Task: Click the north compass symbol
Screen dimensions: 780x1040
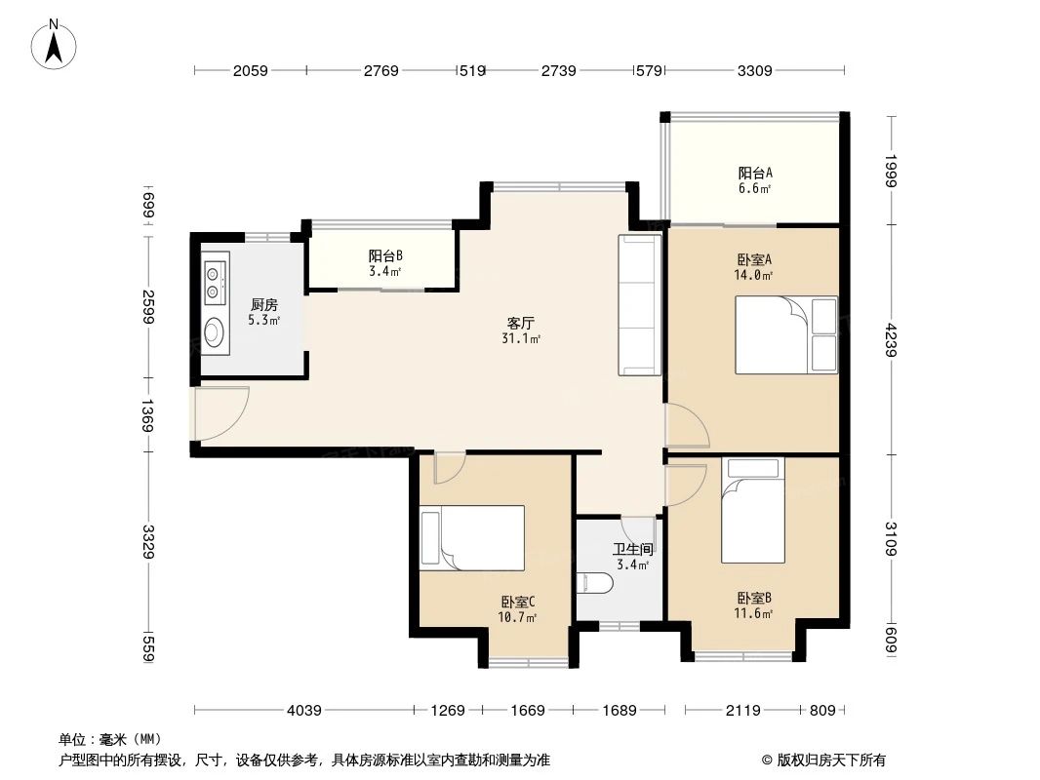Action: [56, 44]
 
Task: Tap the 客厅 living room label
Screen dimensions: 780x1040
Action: [521, 322]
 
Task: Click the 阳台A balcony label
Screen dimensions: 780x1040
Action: [754, 174]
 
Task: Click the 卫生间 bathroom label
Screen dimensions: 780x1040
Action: [630, 550]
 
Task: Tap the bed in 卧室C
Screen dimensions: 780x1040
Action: [472, 536]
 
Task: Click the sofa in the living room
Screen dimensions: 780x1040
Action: [639, 305]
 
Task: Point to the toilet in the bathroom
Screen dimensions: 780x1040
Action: [596, 583]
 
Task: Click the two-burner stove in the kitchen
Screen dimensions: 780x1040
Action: [215, 281]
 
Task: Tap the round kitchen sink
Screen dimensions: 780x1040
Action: [215, 334]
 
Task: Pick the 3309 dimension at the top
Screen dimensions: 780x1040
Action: [754, 70]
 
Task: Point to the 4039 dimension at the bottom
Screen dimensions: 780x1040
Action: [303, 711]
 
